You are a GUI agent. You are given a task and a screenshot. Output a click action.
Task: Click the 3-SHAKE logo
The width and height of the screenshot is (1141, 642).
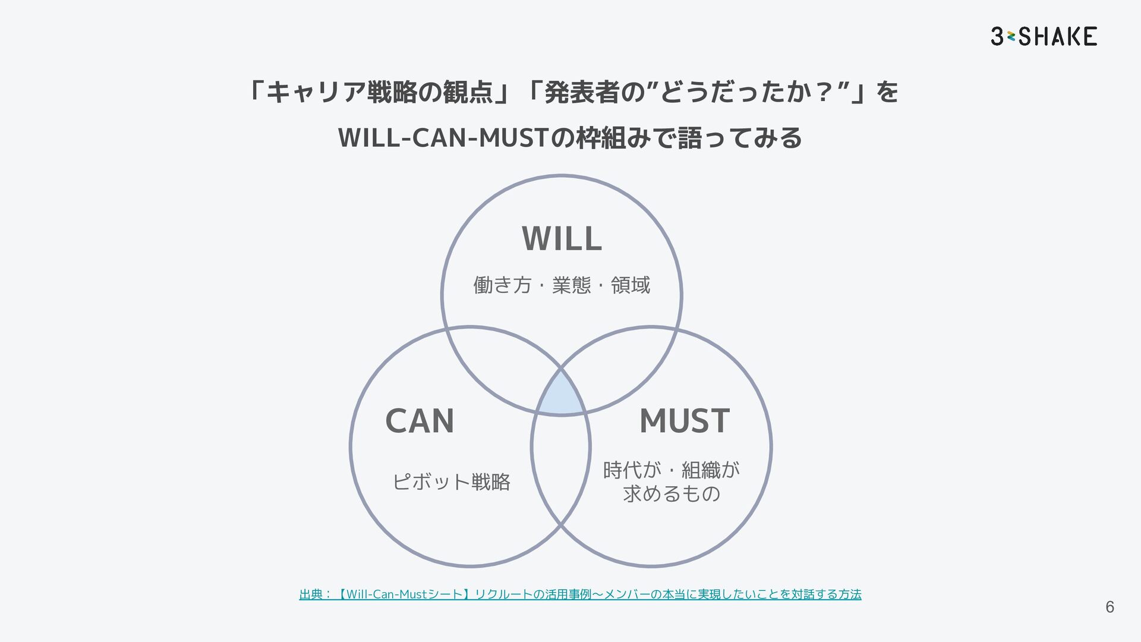(1044, 36)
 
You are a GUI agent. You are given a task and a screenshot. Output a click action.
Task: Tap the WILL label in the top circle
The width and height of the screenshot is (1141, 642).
(562, 239)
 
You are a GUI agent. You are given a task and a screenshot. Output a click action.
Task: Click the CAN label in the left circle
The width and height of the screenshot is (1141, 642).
(420, 421)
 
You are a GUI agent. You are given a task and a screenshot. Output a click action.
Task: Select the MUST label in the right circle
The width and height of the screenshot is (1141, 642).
(684, 421)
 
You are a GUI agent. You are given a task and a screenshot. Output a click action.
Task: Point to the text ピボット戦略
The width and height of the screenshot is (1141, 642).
(451, 481)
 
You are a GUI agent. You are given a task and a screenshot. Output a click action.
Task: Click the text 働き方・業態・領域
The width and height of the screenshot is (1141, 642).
(562, 285)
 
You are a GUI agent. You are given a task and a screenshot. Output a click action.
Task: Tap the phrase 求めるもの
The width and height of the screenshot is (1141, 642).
(672, 493)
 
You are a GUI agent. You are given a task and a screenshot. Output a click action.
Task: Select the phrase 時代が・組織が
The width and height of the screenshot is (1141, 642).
(672, 470)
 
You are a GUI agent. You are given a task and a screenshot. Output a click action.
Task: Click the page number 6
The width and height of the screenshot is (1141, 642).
(1110, 607)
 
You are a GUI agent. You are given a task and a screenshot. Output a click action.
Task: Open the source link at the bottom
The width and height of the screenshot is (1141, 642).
(580, 594)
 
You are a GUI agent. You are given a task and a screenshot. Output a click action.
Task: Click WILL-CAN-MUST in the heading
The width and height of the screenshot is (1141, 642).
(442, 138)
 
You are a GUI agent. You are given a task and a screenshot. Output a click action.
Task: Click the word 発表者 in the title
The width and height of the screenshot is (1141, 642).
(582, 92)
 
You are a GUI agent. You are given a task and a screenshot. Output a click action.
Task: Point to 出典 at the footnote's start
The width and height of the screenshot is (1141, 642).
(311, 594)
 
